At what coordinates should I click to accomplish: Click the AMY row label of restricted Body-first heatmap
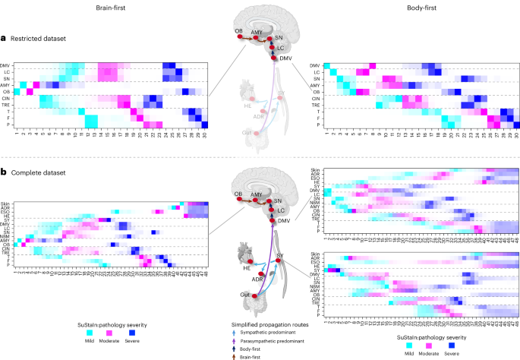tap(314, 86)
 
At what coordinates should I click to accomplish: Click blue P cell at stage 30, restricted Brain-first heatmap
tap(203, 125)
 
